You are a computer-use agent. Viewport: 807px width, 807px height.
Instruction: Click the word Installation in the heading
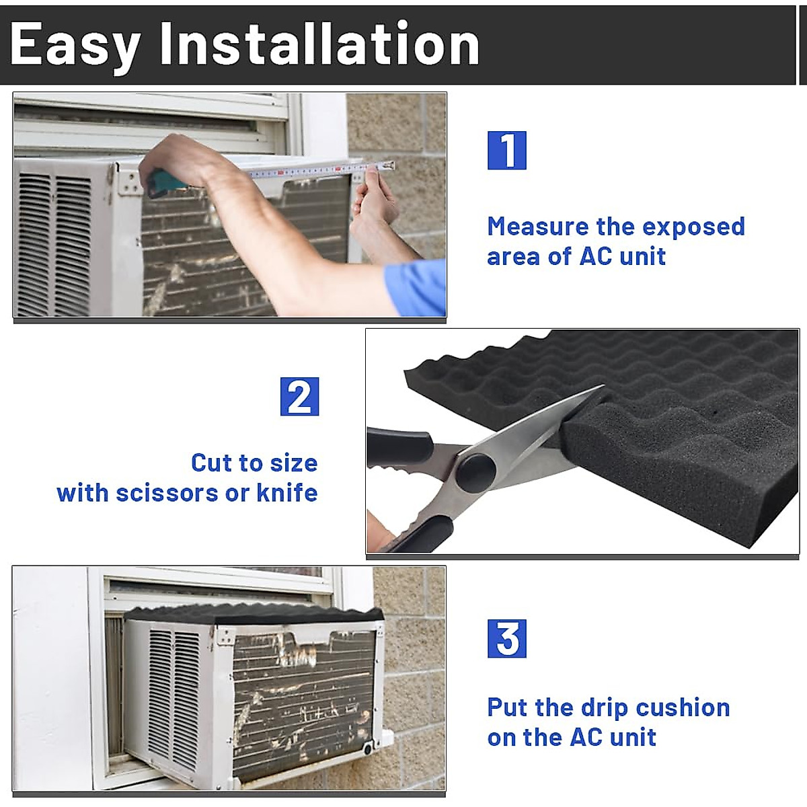[319, 44]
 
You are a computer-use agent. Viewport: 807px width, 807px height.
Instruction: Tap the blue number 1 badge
[506, 151]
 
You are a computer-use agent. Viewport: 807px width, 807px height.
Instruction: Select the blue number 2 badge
[299, 397]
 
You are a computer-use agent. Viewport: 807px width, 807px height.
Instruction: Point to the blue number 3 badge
[506, 639]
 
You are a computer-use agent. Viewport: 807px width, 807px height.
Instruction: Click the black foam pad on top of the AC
[256, 614]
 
